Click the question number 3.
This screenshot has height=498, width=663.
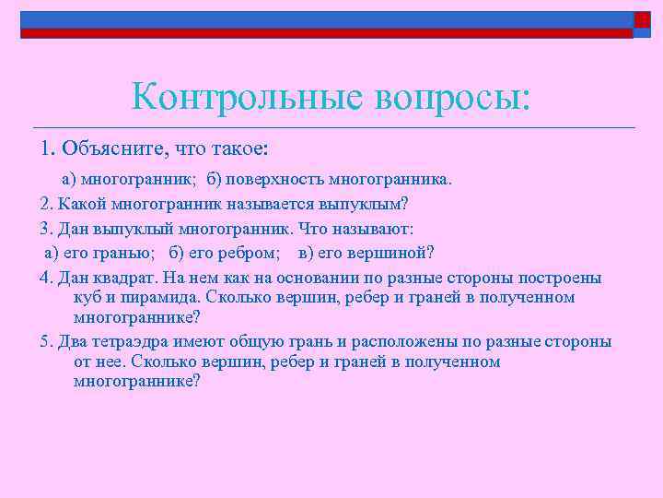pos(45,229)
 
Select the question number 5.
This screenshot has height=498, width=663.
pos(45,342)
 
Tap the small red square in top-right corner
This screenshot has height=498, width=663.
pos(642,19)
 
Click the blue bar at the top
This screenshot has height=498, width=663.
pos(322,19)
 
